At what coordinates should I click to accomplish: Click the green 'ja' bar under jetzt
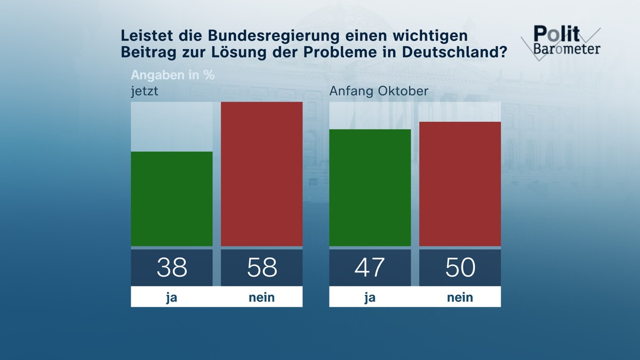click(172, 199)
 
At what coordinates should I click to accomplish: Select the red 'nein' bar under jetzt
click(261, 174)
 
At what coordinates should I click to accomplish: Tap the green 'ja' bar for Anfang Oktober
click(370, 188)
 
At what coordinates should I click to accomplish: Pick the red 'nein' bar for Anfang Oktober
click(460, 184)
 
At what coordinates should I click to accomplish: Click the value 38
click(172, 267)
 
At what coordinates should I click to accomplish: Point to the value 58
click(261, 267)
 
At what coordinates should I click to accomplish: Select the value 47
click(370, 267)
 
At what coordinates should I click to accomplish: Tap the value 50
click(460, 267)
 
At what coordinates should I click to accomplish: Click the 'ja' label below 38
click(172, 297)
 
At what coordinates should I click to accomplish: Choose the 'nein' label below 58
click(261, 297)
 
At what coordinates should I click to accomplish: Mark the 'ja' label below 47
click(370, 297)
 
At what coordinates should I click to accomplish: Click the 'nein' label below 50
click(460, 297)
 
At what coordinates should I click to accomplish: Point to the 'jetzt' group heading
click(145, 91)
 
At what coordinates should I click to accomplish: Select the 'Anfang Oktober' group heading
click(379, 91)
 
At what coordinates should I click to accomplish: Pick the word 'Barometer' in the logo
click(566, 49)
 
